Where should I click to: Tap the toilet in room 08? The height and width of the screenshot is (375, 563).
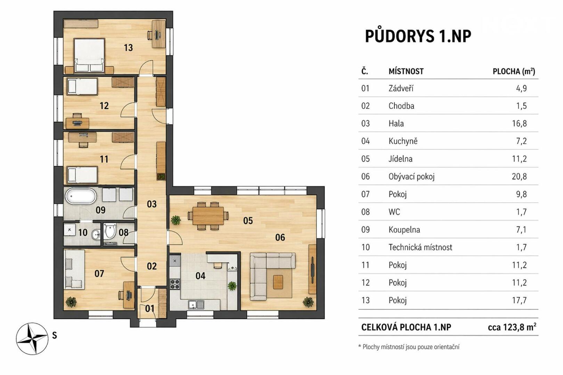point(110,231)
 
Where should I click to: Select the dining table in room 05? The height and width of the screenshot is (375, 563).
point(208,216)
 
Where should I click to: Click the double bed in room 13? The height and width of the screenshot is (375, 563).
point(89,55)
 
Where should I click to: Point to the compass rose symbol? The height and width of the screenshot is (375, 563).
point(32,339)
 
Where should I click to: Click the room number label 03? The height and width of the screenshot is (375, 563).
point(152,204)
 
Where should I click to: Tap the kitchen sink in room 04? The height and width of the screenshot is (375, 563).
point(196,305)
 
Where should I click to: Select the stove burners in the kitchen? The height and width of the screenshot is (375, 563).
point(175,284)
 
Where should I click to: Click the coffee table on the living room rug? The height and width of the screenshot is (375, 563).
point(278,282)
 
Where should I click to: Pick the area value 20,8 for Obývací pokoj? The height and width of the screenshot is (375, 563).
point(519,177)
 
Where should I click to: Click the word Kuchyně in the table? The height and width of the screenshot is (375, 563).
point(403,141)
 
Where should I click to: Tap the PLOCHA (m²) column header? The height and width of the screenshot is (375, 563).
point(514,72)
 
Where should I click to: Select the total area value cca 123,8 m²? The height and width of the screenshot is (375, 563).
point(512,327)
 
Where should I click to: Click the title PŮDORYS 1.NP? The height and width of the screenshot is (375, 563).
point(418,36)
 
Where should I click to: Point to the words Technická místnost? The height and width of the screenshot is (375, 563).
point(420,248)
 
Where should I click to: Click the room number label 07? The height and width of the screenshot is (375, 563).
point(99,274)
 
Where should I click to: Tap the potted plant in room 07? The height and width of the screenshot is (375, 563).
point(71,302)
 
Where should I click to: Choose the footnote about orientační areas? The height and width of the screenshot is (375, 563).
point(409,347)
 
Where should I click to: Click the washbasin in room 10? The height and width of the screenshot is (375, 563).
point(96,235)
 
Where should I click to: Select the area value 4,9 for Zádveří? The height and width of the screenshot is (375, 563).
point(521,89)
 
